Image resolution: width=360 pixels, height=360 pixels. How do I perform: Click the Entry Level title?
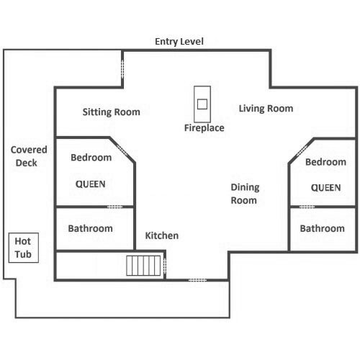point(179,42)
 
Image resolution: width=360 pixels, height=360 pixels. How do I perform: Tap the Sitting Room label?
point(112,112)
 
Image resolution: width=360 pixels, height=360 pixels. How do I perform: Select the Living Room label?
point(266,109)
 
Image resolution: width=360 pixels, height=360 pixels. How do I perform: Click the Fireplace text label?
point(204,128)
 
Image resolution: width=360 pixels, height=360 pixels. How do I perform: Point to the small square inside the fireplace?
point(202,104)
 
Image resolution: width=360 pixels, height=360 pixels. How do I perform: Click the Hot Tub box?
point(24,248)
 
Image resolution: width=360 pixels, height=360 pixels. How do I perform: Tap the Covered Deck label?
point(29,156)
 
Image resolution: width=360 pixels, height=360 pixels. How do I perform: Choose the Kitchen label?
point(162,235)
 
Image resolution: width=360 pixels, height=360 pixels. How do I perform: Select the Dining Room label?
point(245,194)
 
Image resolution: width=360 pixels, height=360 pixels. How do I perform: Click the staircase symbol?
point(143,266)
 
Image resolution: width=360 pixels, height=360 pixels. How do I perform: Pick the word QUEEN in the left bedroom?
point(91,184)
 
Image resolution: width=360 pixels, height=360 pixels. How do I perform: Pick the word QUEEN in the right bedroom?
point(326,188)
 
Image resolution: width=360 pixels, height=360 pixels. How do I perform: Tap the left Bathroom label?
point(91,228)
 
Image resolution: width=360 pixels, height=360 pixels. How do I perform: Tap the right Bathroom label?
point(323,228)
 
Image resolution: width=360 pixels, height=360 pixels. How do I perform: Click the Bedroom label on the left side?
point(91,158)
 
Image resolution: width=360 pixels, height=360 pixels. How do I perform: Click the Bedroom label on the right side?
point(325,162)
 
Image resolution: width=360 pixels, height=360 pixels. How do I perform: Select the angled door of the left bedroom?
point(122,150)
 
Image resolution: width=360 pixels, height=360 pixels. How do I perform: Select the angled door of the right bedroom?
point(302,150)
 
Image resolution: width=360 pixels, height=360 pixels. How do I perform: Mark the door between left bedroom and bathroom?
point(114,207)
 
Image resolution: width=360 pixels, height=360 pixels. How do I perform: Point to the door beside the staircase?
point(165,266)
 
